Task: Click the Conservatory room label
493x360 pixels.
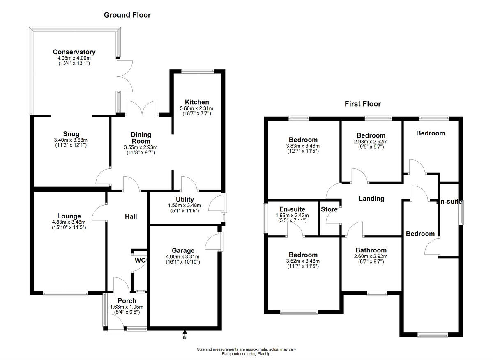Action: click(74, 52)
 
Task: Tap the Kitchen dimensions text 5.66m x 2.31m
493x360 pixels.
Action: click(197, 108)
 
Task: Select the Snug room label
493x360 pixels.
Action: click(71, 134)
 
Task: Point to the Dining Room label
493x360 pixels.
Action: click(141, 138)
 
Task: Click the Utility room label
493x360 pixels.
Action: click(185, 199)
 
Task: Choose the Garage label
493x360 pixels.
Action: click(183, 250)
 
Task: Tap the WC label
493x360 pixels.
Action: click(140, 260)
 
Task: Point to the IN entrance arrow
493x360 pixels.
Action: click(184, 332)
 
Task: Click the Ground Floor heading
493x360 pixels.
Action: click(127, 15)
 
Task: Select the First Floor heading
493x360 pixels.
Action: click(362, 104)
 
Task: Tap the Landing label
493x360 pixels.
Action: click(371, 199)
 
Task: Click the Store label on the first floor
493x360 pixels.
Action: click(329, 209)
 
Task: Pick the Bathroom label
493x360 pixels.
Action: click(371, 250)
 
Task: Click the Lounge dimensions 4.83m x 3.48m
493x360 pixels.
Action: click(69, 222)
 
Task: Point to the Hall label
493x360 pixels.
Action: click(131, 216)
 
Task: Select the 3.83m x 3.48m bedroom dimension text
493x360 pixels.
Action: click(304, 146)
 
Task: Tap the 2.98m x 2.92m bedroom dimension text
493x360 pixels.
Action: click(371, 142)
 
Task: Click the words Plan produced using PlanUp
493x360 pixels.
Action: click(246, 353)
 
